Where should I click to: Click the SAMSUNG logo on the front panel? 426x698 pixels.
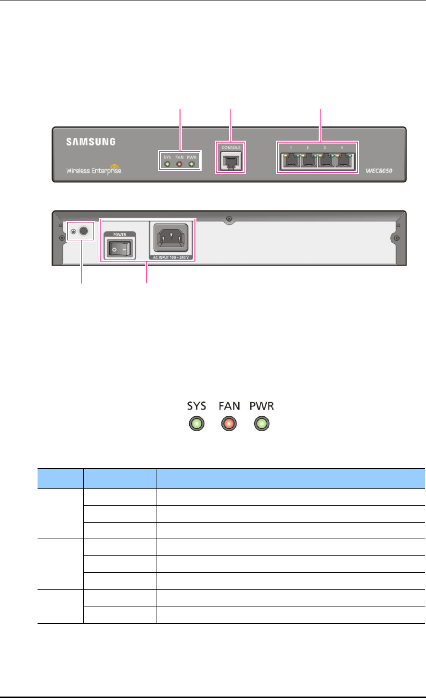pos(90,142)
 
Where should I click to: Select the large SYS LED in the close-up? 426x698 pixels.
pos(197,424)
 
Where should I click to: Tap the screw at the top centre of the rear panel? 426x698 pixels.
pos(229,219)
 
